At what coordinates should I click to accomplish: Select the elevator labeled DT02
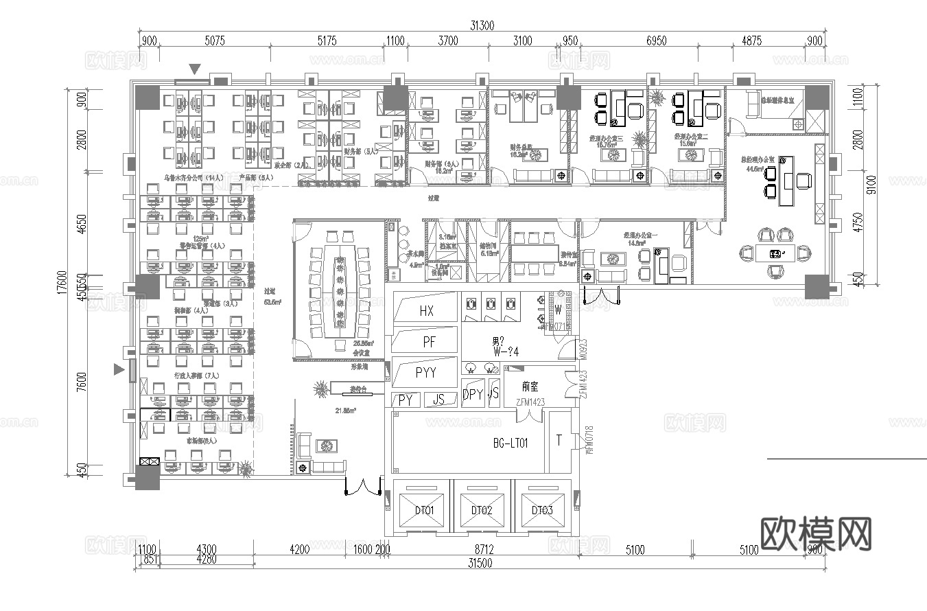[x=482, y=510]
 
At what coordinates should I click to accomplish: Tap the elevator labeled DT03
[x=542, y=510]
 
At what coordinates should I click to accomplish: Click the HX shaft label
[x=426, y=311]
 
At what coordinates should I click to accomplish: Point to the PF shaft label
[x=430, y=341]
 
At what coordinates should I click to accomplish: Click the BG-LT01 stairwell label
[x=511, y=443]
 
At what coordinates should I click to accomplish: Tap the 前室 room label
[x=530, y=387]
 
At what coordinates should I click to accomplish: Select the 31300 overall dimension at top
[x=482, y=25]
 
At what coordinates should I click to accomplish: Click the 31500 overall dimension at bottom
[x=480, y=563]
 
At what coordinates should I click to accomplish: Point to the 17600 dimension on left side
[x=61, y=281]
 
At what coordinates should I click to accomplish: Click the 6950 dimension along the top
[x=657, y=41]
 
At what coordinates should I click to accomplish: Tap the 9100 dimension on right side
[x=871, y=184]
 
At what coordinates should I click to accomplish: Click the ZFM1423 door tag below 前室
[x=525, y=401]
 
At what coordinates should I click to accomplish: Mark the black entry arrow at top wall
[x=196, y=69]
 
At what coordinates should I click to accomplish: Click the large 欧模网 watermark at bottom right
[x=817, y=533]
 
